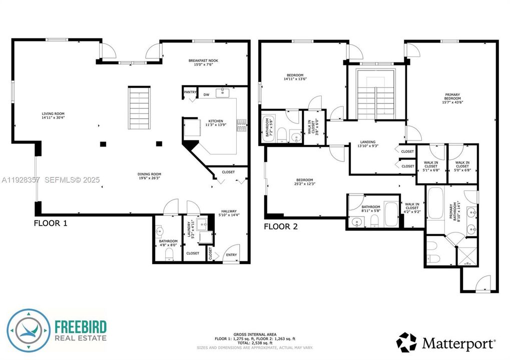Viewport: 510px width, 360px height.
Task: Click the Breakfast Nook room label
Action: pyautogui.click(x=203, y=60)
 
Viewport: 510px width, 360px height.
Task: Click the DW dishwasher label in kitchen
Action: pyautogui.click(x=206, y=94)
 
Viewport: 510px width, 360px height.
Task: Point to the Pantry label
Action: pyautogui.click(x=190, y=92)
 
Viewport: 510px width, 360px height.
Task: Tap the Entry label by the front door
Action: pyautogui.click(x=231, y=255)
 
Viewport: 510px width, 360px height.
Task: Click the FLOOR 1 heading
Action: pyautogui.click(x=51, y=223)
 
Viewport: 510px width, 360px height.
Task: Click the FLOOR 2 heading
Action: pyautogui.click(x=281, y=226)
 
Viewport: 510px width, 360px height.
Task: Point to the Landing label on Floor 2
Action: pyautogui.click(x=367, y=142)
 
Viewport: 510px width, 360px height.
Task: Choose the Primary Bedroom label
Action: pyautogui.click(x=451, y=95)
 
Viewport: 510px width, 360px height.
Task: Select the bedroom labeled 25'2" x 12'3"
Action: pyautogui.click(x=304, y=180)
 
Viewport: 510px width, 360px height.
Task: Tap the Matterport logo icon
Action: pyautogui.click(x=406, y=342)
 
